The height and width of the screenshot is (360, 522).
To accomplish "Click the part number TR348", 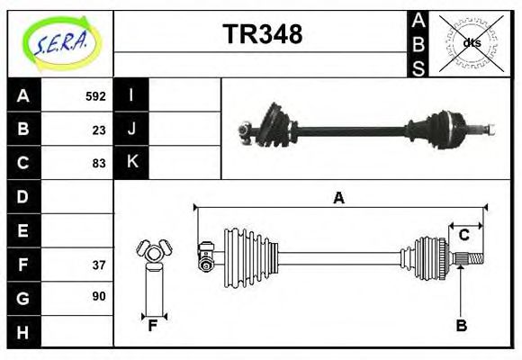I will pyautogui.click(x=262, y=34).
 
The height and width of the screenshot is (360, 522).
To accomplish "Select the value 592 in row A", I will pyautogui.click(x=95, y=95).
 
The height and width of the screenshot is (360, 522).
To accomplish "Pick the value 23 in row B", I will pyautogui.click(x=99, y=130).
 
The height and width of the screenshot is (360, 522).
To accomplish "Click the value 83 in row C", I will pyautogui.click(x=99, y=163).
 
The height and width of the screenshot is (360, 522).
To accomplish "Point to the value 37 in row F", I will pyautogui.click(x=99, y=265).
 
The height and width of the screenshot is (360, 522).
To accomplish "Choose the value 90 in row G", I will pyautogui.click(x=99, y=296).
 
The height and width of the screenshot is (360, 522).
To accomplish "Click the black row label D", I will pyautogui.click(x=22, y=196).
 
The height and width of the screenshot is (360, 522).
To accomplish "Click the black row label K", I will pyautogui.click(x=131, y=163).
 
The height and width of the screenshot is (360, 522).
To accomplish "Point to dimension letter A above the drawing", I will pyautogui.click(x=338, y=198).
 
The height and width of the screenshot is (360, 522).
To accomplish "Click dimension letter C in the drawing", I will pyautogui.click(x=463, y=235).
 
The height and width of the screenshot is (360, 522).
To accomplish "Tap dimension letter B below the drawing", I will pyautogui.click(x=461, y=327).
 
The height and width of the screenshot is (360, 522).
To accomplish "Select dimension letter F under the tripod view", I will pyautogui.click(x=153, y=327).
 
